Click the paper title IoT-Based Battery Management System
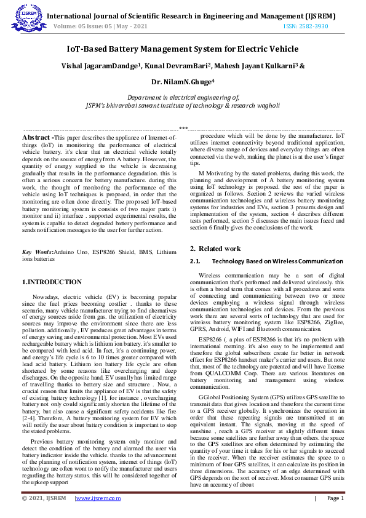[x=183, y=49]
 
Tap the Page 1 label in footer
[x=335, y=498]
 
